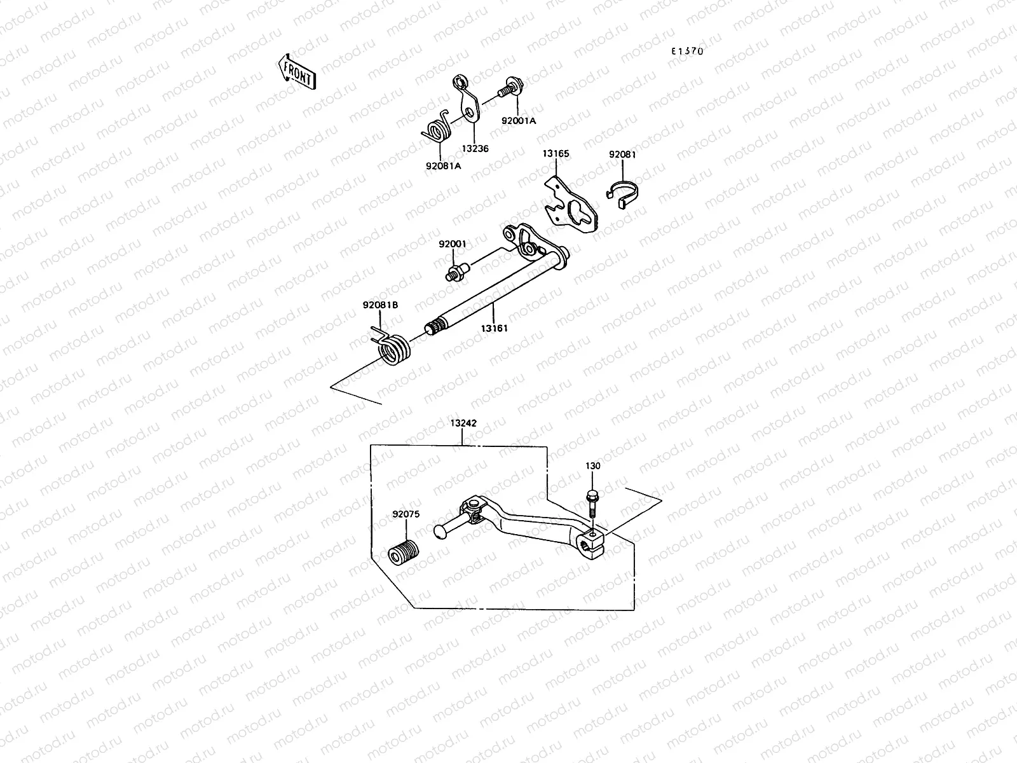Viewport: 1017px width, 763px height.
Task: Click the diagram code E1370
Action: pos(689,52)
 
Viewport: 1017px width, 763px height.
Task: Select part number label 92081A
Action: pos(443,166)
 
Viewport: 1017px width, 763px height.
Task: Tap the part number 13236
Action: pos(475,148)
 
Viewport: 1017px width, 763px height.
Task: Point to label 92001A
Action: pos(518,120)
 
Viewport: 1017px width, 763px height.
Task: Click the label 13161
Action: pos(494,328)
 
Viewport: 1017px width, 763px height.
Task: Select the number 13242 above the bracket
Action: pos(463,423)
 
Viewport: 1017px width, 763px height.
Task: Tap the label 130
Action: pos(592,466)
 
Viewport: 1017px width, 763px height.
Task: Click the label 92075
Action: pos(406,515)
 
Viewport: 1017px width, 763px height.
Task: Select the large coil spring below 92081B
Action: pos(394,350)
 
